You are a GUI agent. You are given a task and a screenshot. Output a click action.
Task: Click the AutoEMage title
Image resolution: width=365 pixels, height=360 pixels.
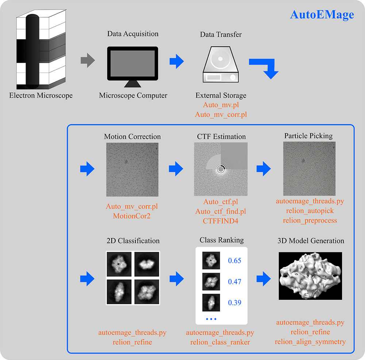(x=322, y=15)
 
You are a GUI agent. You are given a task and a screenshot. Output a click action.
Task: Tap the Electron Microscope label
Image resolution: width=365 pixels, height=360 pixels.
(x=41, y=96)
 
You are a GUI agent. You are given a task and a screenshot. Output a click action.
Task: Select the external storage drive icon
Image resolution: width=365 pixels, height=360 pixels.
(x=220, y=65)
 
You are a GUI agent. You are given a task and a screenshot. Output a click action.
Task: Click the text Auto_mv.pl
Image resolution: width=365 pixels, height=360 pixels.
(x=221, y=105)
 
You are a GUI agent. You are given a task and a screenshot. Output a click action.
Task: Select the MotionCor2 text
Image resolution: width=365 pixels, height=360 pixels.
(x=132, y=216)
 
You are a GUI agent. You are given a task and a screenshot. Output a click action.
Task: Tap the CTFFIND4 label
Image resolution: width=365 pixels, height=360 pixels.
(x=220, y=221)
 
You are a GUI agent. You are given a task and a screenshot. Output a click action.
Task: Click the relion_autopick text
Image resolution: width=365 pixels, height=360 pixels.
(x=310, y=211)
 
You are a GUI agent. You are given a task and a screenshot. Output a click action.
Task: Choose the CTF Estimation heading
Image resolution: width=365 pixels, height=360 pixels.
(x=220, y=137)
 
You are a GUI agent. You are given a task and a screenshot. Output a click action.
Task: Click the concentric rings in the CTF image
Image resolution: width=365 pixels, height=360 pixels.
(x=220, y=169)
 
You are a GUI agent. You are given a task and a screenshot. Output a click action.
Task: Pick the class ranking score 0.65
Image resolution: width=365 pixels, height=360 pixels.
(x=235, y=261)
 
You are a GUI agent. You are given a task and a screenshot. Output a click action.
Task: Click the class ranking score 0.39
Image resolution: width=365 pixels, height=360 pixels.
(x=235, y=303)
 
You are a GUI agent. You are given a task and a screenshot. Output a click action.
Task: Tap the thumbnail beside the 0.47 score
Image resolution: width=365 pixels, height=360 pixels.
(x=211, y=282)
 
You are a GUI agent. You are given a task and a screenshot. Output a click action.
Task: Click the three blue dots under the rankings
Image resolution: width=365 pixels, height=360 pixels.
(x=211, y=319)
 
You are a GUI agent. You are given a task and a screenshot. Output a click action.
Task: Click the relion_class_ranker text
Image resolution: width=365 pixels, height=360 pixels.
(x=220, y=342)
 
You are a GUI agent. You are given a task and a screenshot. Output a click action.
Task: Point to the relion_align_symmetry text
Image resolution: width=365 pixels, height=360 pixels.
(x=310, y=342)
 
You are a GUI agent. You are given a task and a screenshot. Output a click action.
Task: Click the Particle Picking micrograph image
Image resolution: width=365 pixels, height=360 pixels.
(x=309, y=168)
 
